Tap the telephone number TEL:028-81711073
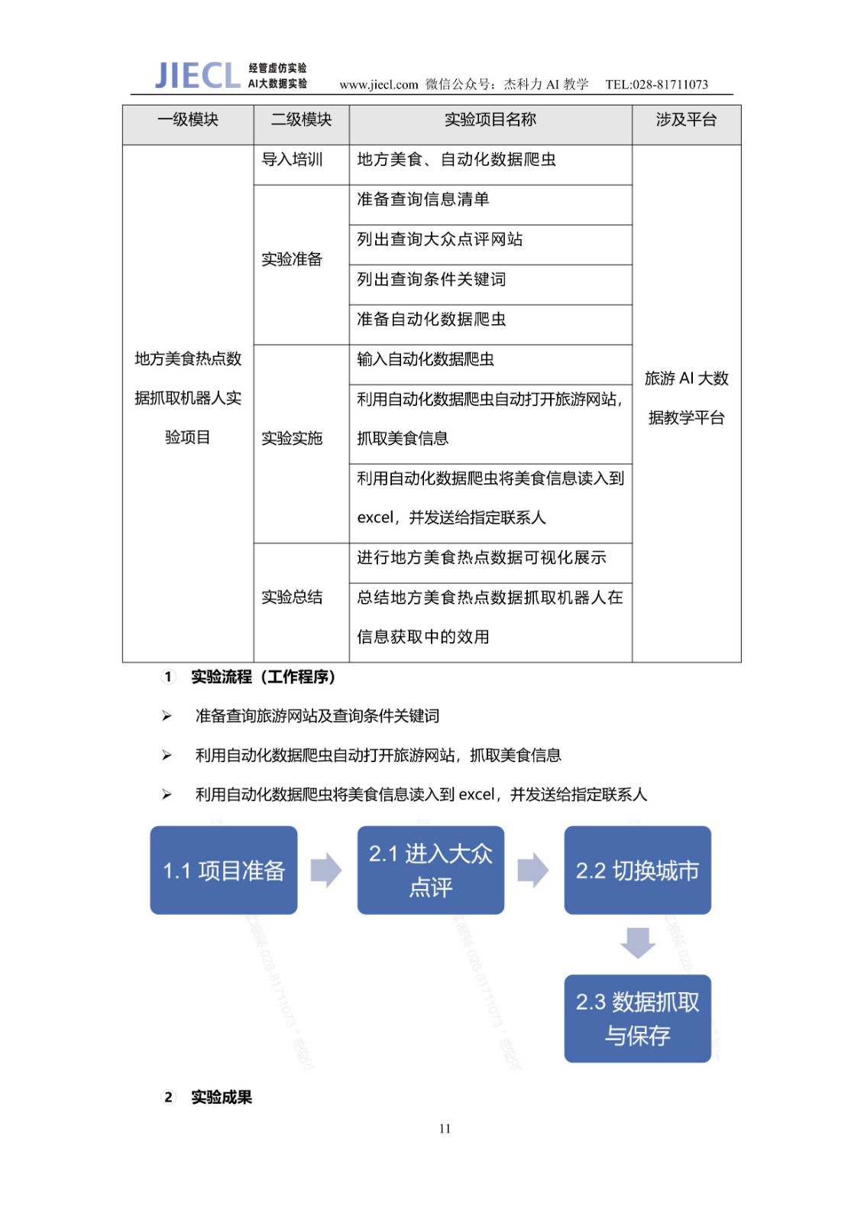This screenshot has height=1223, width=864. click(x=656, y=84)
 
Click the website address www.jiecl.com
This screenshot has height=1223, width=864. click(x=379, y=84)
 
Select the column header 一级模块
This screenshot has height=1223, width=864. click(x=188, y=119)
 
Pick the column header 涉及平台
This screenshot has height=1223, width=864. click(x=686, y=119)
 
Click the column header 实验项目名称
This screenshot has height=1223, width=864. click(x=490, y=119)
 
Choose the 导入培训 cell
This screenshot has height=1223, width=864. click(x=293, y=160)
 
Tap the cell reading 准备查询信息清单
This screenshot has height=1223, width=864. click(x=423, y=200)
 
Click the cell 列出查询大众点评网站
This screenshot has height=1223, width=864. click(x=440, y=239)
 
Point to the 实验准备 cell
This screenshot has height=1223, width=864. click(x=293, y=259)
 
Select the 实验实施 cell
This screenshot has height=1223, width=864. click(x=293, y=438)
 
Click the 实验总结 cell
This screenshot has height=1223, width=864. click(x=293, y=597)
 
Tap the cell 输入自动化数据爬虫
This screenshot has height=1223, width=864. click(x=426, y=359)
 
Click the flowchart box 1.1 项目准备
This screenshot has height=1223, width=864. click(x=224, y=870)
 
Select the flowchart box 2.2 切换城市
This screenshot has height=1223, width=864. click(x=637, y=870)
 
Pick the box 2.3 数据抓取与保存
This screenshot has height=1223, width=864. click(x=637, y=1018)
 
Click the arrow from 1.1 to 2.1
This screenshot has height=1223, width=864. click(x=326, y=870)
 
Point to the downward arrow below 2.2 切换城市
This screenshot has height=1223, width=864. click(x=638, y=942)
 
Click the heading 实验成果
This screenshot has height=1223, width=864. click(x=222, y=1097)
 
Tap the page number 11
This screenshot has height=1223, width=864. click(x=445, y=1128)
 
